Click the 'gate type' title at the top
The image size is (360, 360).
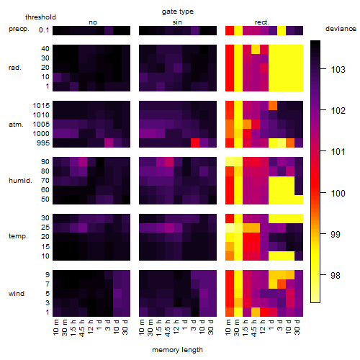coord(178,12)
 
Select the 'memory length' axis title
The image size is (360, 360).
coord(177,350)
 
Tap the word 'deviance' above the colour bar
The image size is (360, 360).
coord(341,29)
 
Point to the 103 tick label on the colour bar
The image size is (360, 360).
coord(338,70)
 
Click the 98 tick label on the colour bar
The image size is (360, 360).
coord(336,275)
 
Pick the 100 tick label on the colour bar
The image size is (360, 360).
coord(338,193)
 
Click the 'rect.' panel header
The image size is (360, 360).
coord(262,22)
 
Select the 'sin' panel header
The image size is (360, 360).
coord(177,22)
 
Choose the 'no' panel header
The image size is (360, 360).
coord(93,22)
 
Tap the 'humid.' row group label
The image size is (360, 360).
coord(20,181)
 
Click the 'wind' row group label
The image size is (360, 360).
coord(17,294)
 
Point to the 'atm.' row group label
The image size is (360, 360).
coord(16,125)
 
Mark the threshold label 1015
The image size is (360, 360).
coord(41,105)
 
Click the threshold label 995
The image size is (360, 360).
coord(43,143)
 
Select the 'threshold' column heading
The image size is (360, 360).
coord(40,17)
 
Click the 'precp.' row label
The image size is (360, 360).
coord(19,29)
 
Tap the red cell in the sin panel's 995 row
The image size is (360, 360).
coord(195,143)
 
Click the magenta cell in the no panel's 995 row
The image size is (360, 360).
coord(109,143)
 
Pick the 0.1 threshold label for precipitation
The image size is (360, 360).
coord(44,30)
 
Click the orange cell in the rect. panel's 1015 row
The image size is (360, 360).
coord(273,105)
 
